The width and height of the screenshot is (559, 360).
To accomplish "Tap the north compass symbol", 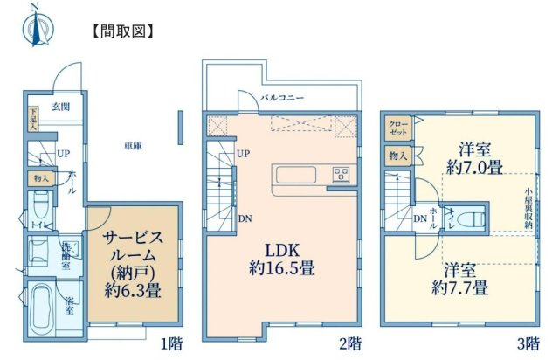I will tap(36, 24).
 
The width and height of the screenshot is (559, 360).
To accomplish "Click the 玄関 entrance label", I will tap(60, 107).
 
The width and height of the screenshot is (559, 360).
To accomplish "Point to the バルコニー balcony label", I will tap(282, 99).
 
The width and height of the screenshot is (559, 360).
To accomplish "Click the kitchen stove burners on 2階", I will tap(339, 177).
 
